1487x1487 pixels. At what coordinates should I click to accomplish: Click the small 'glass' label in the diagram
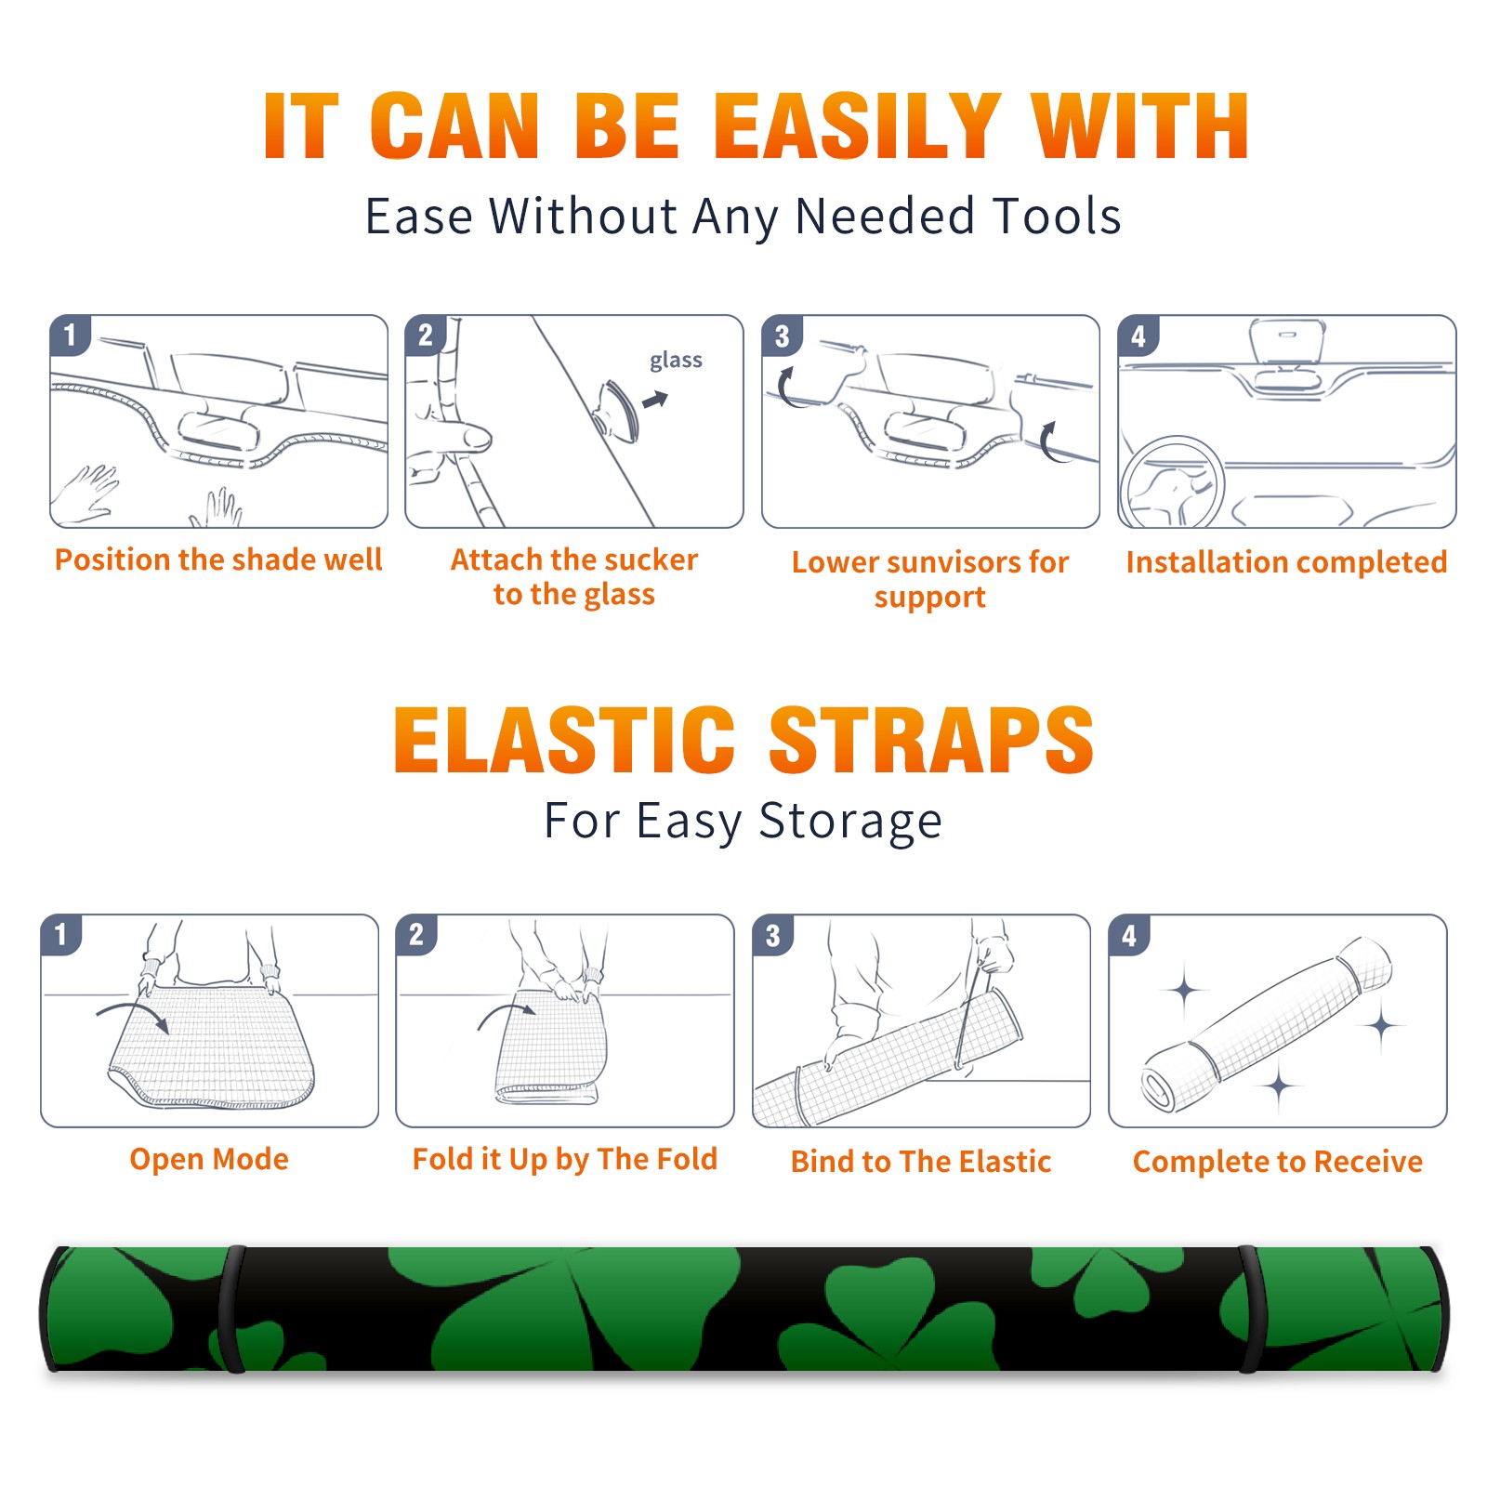(x=676, y=361)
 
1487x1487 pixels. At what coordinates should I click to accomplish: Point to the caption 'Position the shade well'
(x=218, y=559)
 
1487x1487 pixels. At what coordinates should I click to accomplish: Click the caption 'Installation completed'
(x=1286, y=562)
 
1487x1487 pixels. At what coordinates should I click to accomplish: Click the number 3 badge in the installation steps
(x=782, y=336)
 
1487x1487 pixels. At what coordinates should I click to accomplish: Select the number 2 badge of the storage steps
(x=416, y=935)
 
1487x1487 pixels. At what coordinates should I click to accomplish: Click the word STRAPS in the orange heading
(x=931, y=740)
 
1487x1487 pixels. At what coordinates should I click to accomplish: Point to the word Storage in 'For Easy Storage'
(x=850, y=822)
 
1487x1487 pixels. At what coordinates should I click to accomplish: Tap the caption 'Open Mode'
(x=209, y=1159)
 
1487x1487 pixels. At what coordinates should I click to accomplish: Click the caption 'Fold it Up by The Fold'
(x=565, y=1159)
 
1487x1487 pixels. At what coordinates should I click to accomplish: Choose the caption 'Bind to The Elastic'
(x=921, y=1162)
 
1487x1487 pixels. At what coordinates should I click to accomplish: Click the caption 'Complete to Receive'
(x=1278, y=1162)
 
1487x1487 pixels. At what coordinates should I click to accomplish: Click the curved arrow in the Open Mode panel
(x=133, y=1008)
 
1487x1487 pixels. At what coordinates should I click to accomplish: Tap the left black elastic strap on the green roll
(x=230, y=1309)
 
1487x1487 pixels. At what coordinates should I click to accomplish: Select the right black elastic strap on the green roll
(x=1248, y=1309)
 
